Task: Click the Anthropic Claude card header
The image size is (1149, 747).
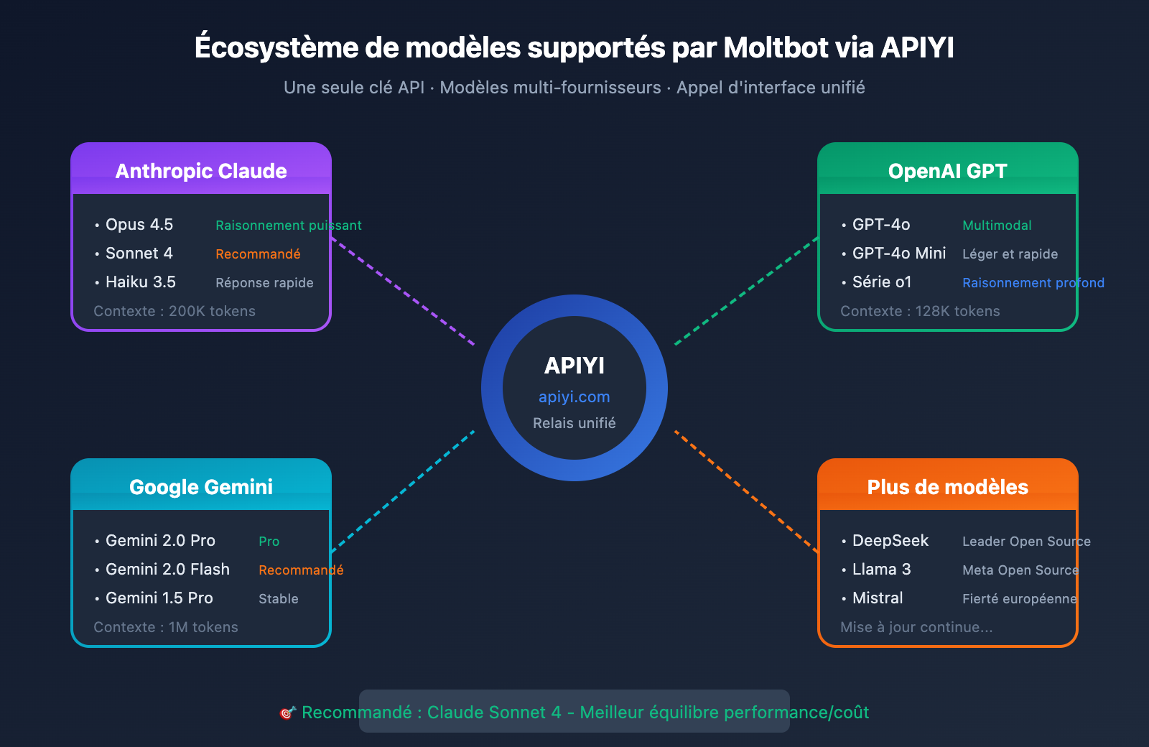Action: click(x=201, y=170)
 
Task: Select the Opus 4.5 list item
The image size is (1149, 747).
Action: click(x=139, y=225)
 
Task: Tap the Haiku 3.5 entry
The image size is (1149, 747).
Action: click(x=140, y=282)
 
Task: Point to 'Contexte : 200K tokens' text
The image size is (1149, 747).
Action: click(x=175, y=311)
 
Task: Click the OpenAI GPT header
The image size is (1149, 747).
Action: click(x=947, y=170)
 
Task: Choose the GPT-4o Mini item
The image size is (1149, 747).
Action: click(x=898, y=254)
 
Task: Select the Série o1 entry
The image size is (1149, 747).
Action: click(x=881, y=282)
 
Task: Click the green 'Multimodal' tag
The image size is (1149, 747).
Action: click(x=997, y=226)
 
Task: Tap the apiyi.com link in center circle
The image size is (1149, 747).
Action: click(x=574, y=397)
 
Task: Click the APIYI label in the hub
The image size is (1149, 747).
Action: click(x=574, y=366)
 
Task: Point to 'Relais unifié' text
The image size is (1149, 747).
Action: click(x=574, y=423)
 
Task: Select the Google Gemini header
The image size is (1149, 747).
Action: click(x=201, y=486)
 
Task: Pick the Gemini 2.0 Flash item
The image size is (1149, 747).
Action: click(x=167, y=570)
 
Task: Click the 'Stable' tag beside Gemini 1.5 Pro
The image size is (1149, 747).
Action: click(x=278, y=599)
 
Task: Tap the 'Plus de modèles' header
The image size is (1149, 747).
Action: click(x=947, y=486)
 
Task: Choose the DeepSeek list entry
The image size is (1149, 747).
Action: click(x=890, y=541)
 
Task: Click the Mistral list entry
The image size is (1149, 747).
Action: click(x=877, y=598)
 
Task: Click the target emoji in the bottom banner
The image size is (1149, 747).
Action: click(x=287, y=713)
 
